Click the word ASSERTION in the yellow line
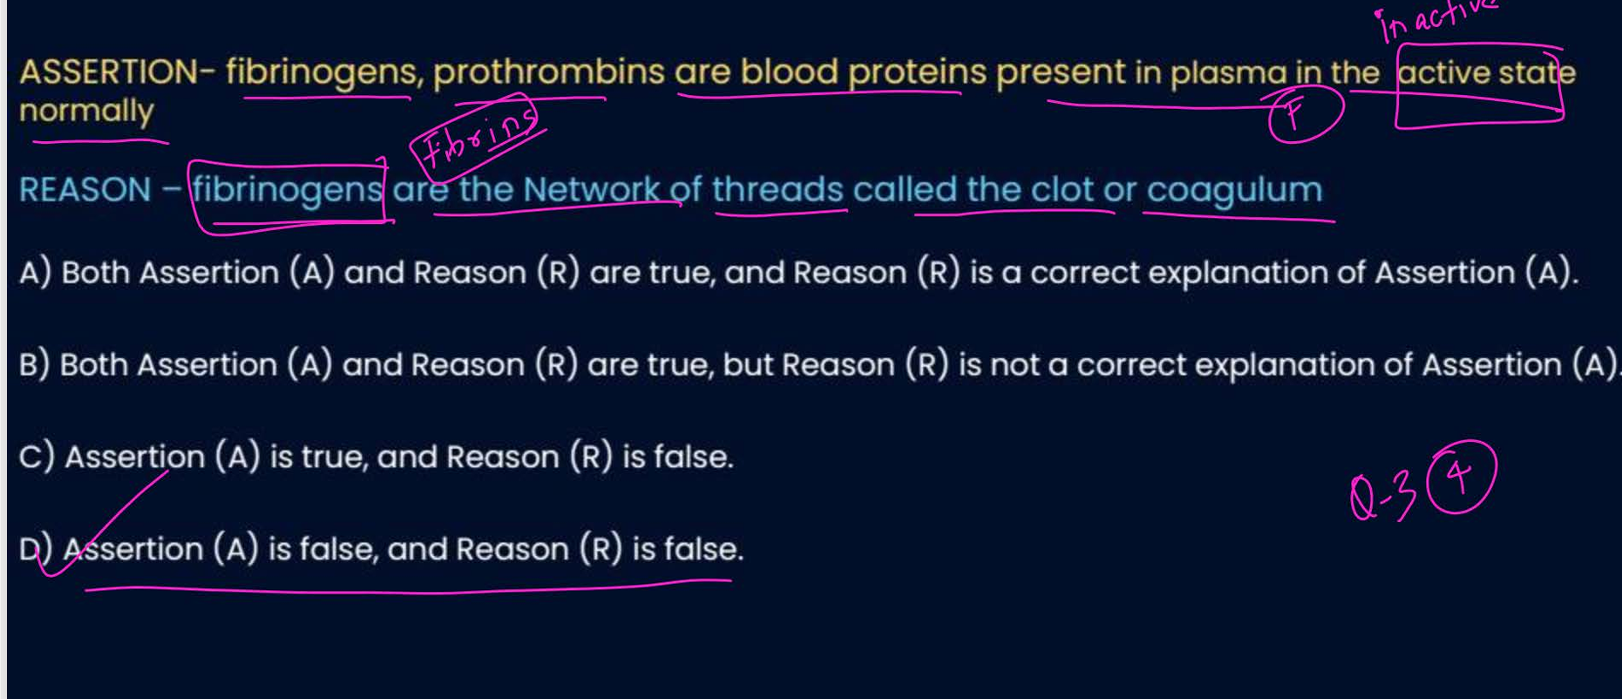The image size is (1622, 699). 108,71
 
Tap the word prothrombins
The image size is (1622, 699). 548,71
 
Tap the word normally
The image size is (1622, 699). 86,112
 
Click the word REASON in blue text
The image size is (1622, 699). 85,190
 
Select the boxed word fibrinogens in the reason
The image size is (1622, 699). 288,190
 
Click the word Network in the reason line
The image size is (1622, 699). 590,189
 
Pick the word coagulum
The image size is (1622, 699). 1234,190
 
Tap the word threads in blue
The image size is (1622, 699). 777,190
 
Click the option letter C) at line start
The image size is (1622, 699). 36,457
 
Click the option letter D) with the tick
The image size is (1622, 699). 35,549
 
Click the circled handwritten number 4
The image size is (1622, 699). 1461,478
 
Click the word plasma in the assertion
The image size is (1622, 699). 1227,73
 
